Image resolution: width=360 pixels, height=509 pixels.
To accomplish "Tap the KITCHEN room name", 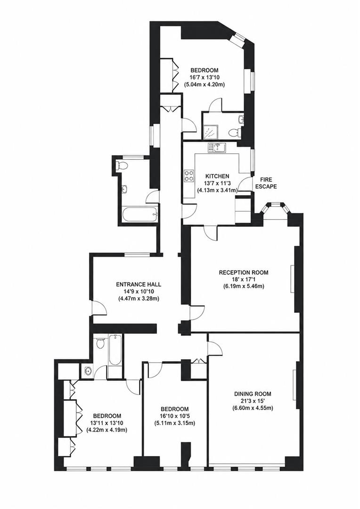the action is click(x=217, y=176).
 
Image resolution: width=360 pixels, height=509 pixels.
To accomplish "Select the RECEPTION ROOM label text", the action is click(x=244, y=272).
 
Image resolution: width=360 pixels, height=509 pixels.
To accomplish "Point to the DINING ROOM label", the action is click(x=253, y=394).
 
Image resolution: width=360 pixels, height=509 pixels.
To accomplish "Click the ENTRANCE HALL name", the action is click(x=139, y=284).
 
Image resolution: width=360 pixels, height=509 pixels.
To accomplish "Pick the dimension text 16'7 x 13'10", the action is click(x=205, y=77).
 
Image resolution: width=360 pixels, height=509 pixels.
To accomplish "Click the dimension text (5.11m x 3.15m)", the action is click(x=175, y=423).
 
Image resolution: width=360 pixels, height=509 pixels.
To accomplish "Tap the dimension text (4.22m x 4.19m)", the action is click(x=106, y=430).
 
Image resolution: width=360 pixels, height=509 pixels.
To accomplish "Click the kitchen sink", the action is click(x=218, y=148).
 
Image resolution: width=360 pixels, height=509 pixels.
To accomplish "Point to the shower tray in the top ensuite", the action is click(x=210, y=131).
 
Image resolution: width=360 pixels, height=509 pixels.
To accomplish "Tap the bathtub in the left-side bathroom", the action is click(x=139, y=214).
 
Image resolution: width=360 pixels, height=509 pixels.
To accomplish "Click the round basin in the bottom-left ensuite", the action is click(x=88, y=370).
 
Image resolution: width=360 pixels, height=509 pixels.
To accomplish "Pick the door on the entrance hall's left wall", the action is click(x=98, y=307).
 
